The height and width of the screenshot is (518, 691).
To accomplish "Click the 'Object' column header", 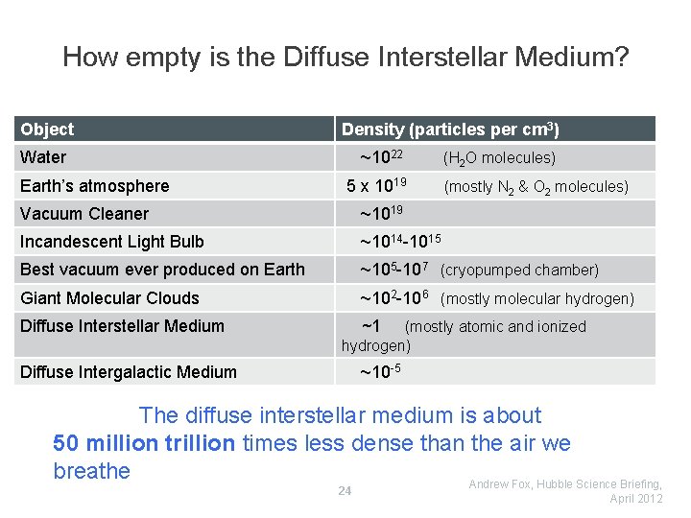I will tap(47, 129).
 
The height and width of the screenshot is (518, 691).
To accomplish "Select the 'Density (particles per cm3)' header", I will tap(450, 129).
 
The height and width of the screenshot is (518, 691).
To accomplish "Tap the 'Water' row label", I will tap(43, 157).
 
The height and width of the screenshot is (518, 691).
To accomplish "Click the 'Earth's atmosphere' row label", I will tap(94, 186).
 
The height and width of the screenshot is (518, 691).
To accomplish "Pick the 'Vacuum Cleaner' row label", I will tap(84, 214).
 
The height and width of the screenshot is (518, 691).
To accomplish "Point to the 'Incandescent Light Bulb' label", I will tap(112, 242).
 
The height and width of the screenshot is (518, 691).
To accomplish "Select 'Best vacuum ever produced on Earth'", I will tap(162, 270).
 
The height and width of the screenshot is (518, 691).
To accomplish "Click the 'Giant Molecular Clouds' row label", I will tap(109, 298).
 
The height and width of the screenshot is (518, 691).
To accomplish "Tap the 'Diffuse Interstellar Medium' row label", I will tap(122, 326).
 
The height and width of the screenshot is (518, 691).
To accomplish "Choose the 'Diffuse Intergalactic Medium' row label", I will tap(129, 372).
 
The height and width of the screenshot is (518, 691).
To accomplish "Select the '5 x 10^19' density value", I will tap(376, 185).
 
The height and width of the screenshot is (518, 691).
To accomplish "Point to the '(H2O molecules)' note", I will tap(499, 158).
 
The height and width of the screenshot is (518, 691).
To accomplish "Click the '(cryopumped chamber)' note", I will tap(519, 271).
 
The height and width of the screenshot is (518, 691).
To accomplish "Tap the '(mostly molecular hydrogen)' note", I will tap(537, 299).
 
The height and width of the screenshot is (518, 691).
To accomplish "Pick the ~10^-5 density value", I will tap(380, 372).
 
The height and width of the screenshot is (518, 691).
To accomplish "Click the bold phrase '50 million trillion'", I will tap(145, 443).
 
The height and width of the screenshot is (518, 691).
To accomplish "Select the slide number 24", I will tap(345, 491).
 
